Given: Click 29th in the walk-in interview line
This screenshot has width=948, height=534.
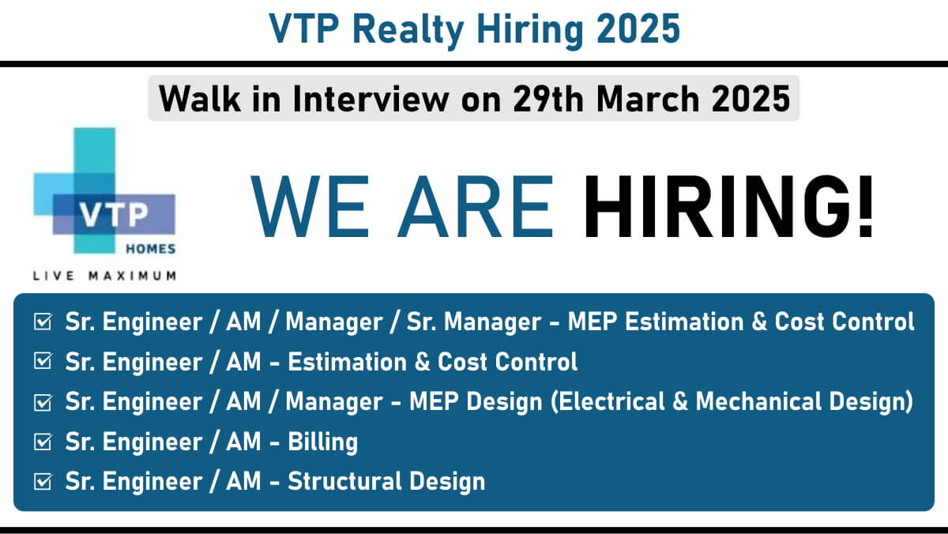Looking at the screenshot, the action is [x=547, y=99].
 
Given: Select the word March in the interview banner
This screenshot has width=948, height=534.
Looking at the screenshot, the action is [x=648, y=99].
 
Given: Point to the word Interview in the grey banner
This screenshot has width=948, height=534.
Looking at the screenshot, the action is [x=371, y=99].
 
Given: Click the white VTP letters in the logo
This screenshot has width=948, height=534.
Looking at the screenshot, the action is [x=115, y=215].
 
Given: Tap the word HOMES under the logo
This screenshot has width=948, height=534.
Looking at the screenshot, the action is [x=151, y=249].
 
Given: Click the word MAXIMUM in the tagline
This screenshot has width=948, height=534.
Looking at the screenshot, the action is [x=133, y=276].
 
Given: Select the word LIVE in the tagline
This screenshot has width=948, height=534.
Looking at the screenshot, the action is [x=54, y=276].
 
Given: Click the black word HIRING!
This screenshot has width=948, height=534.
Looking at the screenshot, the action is [x=728, y=206].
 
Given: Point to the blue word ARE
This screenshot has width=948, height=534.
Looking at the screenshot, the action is [x=475, y=206].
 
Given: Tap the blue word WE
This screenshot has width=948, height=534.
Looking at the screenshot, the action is [x=310, y=206].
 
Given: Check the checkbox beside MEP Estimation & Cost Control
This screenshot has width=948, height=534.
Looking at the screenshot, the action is [x=43, y=322].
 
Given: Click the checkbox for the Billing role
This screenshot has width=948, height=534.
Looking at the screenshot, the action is [x=43, y=442].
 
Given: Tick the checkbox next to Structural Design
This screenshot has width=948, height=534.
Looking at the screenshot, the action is [x=43, y=482].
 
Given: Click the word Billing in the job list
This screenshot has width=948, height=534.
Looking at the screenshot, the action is [x=322, y=442].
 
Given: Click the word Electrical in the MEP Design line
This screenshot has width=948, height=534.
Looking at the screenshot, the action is [x=607, y=401].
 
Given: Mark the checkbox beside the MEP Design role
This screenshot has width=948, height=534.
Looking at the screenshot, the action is [x=43, y=402].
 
